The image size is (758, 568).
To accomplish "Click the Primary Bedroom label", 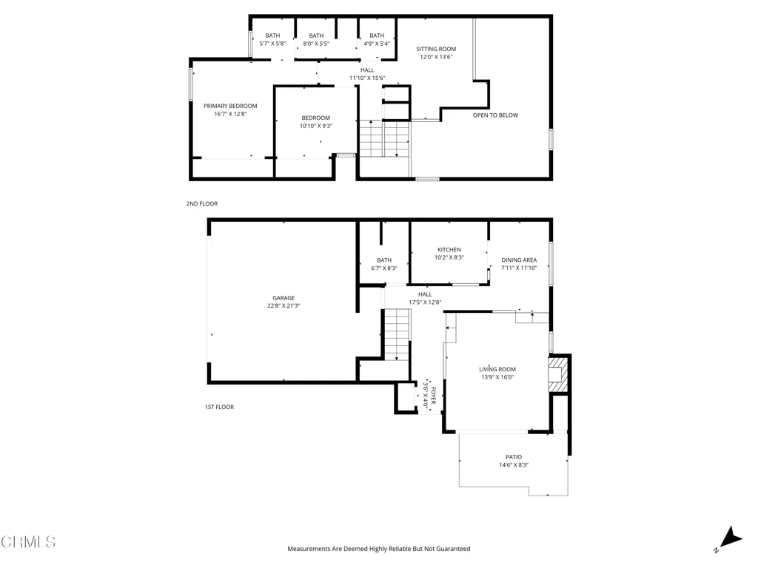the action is click(230, 106).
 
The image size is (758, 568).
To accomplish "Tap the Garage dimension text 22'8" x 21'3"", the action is click(284, 305).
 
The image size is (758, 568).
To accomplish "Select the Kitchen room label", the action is click(449, 250).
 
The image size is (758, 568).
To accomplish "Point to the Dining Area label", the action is click(519, 260).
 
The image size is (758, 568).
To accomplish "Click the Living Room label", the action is click(497, 370).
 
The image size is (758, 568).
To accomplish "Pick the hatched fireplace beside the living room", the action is click(557, 374).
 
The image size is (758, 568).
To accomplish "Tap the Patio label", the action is click(514, 457).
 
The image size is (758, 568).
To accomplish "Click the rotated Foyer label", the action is click(433, 395).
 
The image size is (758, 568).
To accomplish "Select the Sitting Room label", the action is click(436, 49).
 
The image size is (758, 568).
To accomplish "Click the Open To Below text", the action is click(495, 115).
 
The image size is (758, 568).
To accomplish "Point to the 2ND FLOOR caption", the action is click(202, 204).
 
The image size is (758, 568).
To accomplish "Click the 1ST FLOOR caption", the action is click(219, 408).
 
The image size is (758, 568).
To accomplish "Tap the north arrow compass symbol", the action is click(730, 538).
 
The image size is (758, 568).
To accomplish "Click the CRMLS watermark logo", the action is click(29, 542).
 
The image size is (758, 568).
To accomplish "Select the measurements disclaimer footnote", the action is click(379, 549).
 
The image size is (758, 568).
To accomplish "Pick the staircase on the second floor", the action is click(384, 138).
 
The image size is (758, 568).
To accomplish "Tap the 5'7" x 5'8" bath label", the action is click(272, 40).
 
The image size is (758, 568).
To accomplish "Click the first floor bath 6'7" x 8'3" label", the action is click(384, 264).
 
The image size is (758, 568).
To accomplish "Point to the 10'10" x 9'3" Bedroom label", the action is click(315, 122).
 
